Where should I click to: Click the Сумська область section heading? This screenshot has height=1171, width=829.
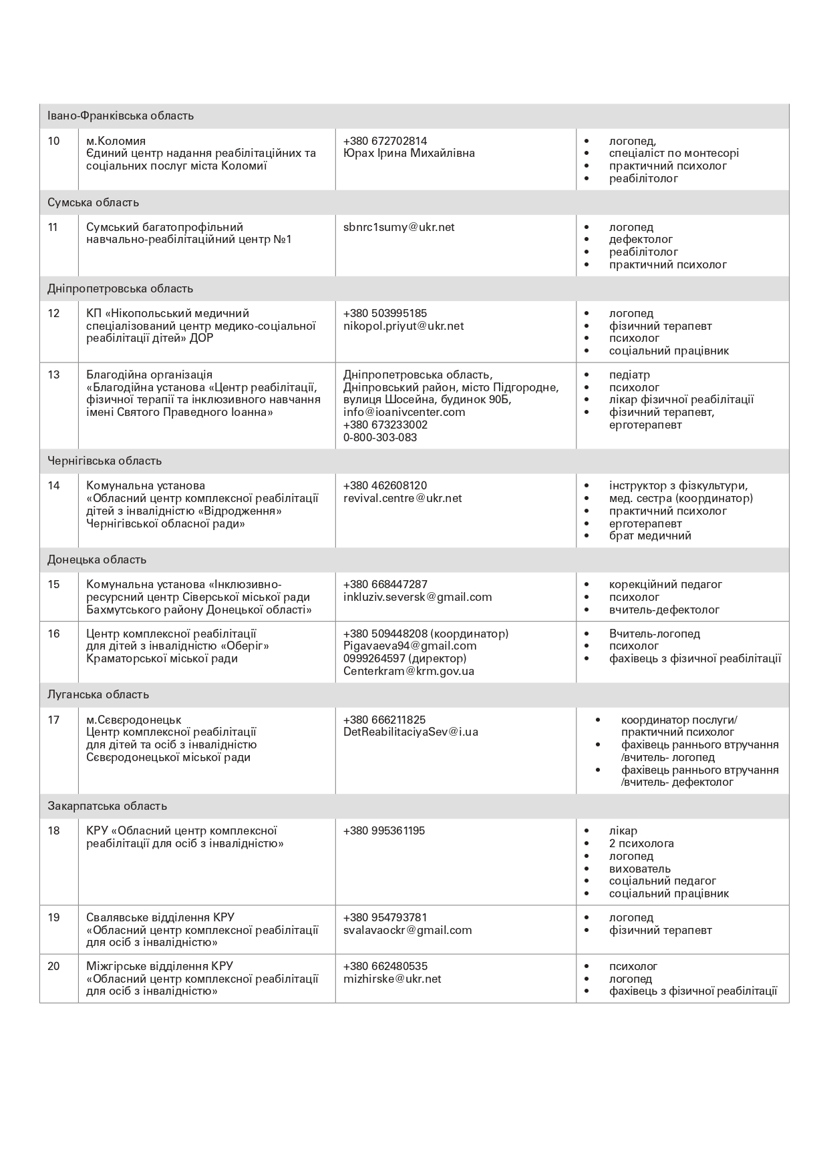pos(93,202)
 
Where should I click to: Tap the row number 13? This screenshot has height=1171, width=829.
pos(54,375)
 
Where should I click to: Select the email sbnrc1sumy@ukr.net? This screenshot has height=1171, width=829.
pos(399,227)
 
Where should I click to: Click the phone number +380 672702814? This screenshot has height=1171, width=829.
pos(385,141)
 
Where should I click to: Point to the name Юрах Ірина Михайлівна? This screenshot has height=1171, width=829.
pos(409,153)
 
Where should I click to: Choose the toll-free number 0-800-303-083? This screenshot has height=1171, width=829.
pos(380,437)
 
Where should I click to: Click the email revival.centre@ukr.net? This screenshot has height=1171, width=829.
pos(403,498)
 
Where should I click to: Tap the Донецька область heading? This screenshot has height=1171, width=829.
pos(97,559)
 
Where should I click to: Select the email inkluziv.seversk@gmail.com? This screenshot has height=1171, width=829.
pos(418,597)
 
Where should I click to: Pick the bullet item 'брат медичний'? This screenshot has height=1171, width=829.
pos(650,535)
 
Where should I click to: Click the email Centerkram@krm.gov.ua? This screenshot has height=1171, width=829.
pos(409,671)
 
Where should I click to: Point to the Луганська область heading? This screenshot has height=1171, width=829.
pos(98,694)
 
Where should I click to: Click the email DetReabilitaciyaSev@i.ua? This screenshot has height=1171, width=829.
pos(411,732)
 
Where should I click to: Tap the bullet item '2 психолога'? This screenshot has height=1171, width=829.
pos(641,843)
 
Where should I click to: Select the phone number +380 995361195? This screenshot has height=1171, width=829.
pos(384,831)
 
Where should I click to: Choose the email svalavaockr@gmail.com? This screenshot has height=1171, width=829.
pos(407,930)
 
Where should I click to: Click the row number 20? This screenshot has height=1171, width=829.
pos(54,966)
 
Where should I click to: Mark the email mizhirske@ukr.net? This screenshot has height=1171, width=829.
pos(392,979)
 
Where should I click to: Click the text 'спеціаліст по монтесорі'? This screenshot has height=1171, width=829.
pos(674,153)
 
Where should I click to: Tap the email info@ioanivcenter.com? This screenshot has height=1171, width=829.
pos(404,412)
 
